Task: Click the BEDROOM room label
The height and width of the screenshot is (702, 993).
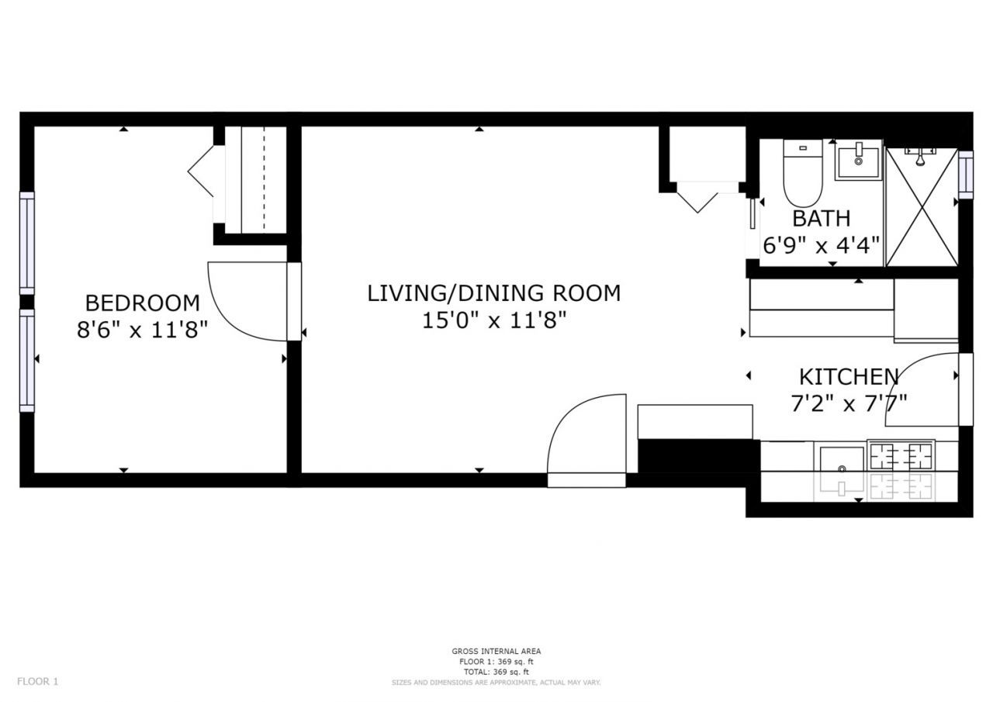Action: pos(142,303)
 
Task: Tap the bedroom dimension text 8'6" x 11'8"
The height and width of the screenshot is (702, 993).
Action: pos(142,330)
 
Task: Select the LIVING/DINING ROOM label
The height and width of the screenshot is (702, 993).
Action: pos(494,293)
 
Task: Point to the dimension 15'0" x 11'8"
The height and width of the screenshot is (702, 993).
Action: pos(494,320)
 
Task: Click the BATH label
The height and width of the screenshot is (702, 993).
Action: pos(821,219)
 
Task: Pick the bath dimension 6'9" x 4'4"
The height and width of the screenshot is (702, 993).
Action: pos(821,245)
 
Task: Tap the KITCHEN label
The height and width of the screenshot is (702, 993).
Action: pos(849,377)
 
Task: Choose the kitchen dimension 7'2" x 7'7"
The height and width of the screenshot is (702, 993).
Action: pos(849,403)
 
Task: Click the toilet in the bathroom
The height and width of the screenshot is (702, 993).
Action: pos(803,173)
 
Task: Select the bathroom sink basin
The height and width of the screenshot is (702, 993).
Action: pos(858,160)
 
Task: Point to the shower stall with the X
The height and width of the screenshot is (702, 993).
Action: pos(922,207)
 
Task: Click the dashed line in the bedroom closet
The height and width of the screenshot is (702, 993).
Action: pos(265,179)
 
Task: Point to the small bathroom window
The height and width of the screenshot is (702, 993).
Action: pos(966,175)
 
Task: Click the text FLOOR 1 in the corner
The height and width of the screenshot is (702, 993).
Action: pos(38,682)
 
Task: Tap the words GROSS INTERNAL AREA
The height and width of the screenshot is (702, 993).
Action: pos(496,651)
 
